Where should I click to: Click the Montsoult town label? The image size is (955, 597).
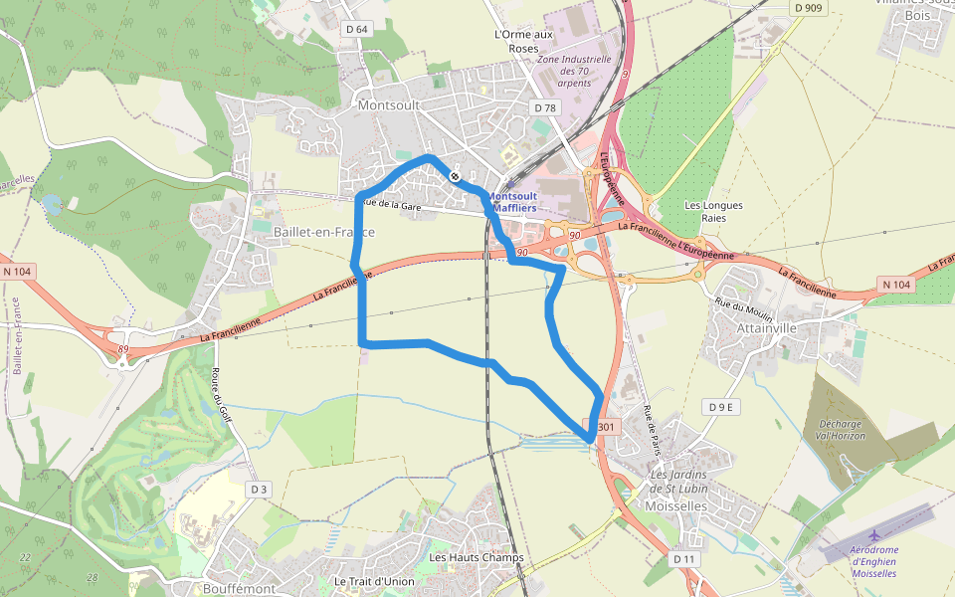389,104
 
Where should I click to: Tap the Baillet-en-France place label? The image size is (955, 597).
323,232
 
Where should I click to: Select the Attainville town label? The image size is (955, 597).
767,327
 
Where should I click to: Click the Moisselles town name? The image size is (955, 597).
675,506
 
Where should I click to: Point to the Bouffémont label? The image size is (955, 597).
239,588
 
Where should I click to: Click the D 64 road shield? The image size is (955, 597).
356,29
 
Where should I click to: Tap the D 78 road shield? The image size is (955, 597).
544,107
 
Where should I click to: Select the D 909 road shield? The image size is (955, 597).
810,8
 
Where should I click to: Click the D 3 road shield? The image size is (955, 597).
259,490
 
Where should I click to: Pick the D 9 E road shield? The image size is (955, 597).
721,407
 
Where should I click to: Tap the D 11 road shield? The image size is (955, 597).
683,559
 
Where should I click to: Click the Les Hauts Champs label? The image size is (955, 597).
476,557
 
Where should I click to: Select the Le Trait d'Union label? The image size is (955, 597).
374,581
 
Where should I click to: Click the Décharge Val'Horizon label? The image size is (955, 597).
839,429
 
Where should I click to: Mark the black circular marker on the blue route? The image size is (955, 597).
455,176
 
